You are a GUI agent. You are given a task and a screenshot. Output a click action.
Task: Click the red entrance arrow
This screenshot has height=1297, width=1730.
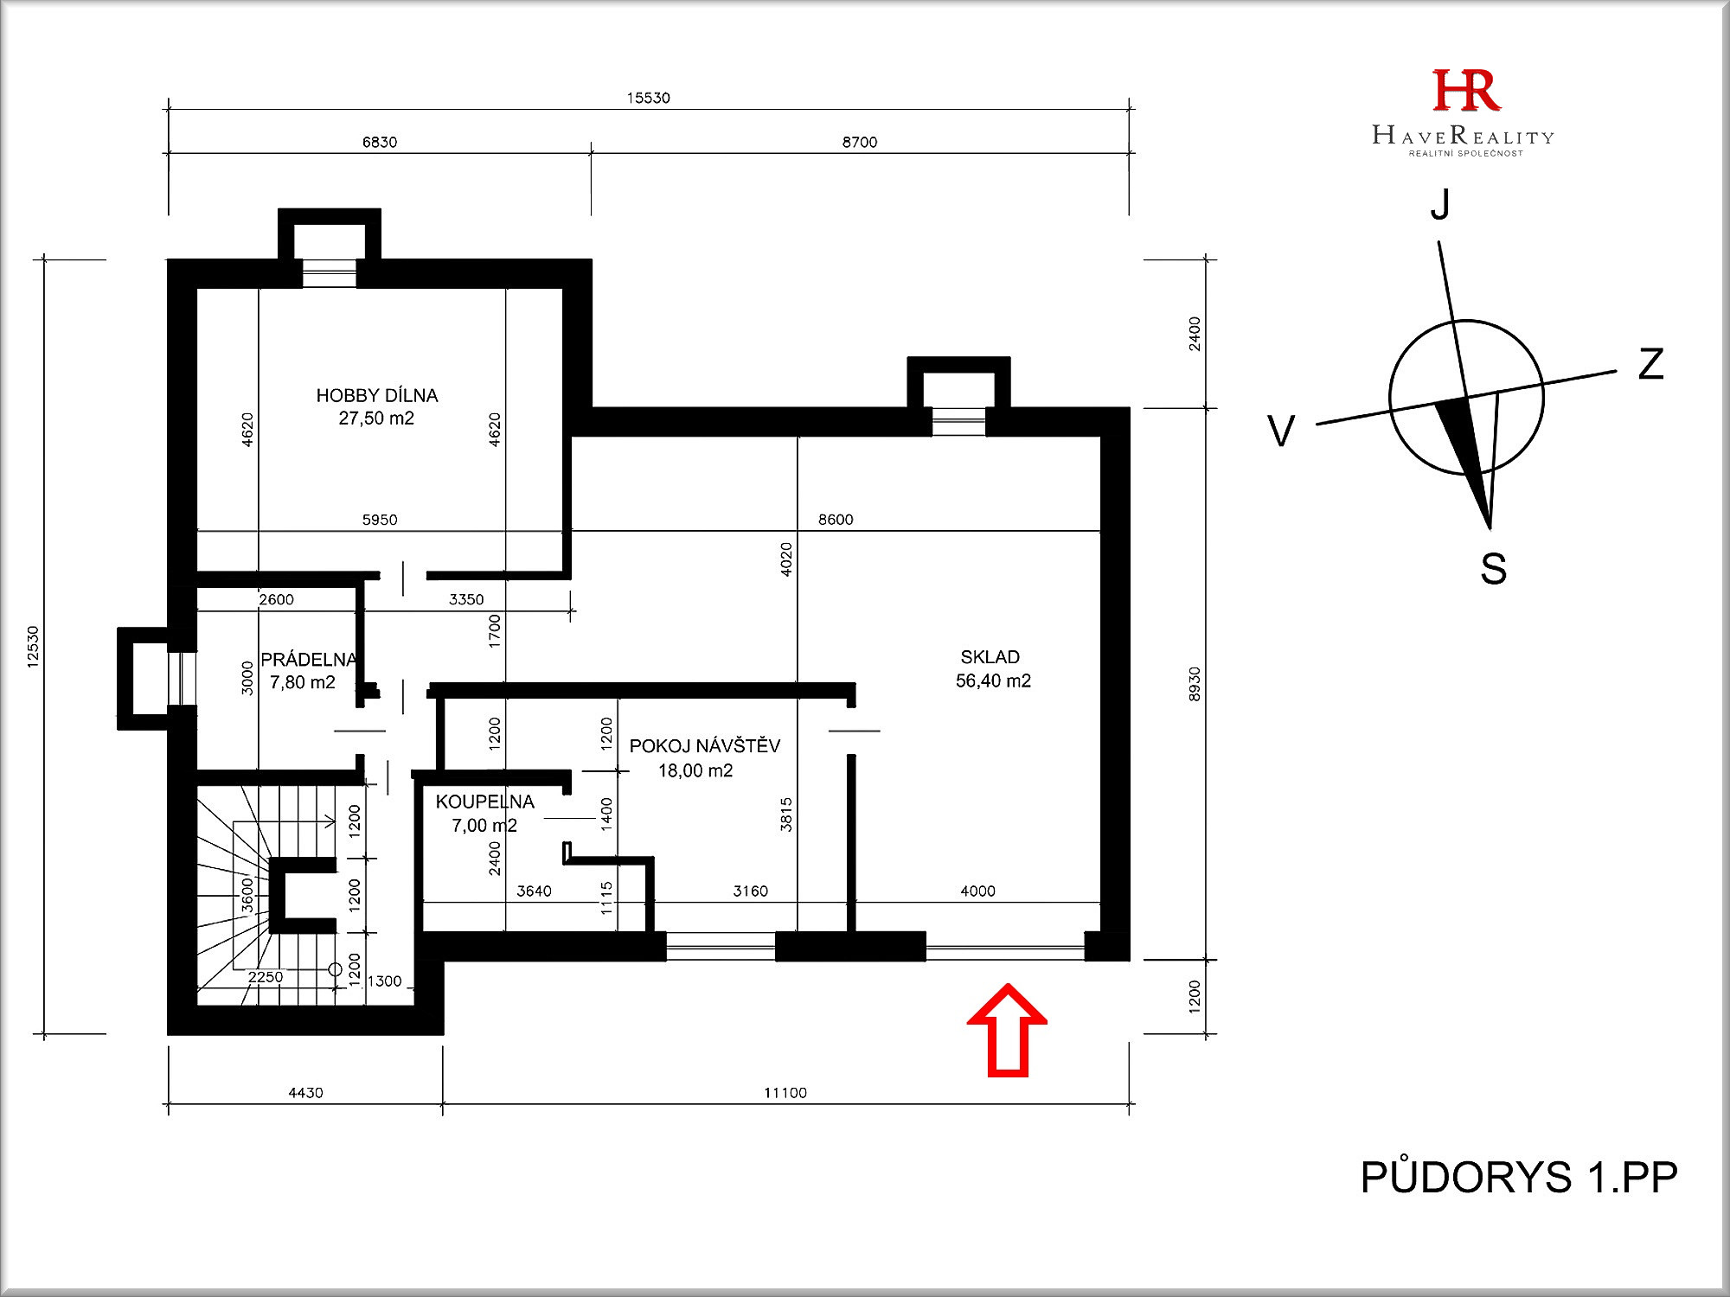tap(1008, 1031)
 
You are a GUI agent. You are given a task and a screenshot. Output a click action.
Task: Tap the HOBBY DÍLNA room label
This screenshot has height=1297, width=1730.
tap(377, 396)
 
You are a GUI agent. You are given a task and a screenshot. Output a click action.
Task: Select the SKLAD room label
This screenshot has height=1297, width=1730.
tap(990, 657)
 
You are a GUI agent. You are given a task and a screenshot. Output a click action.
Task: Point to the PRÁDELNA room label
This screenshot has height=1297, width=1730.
tap(309, 660)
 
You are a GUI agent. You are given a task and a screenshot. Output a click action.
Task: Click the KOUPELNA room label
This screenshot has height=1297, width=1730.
tap(485, 802)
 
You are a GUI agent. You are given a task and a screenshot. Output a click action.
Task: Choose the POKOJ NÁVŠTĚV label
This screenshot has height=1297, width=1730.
tap(705, 745)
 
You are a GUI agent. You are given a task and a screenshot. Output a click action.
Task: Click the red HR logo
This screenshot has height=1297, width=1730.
tap(1466, 91)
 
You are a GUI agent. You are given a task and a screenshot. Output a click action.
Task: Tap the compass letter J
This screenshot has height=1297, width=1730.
tap(1440, 205)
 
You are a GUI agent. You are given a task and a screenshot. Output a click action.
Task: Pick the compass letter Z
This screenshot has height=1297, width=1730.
tap(1651, 364)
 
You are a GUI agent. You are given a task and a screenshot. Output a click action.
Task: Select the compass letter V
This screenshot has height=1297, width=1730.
tap(1281, 431)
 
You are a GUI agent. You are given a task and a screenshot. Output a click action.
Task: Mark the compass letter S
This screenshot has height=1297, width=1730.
tap(1493, 569)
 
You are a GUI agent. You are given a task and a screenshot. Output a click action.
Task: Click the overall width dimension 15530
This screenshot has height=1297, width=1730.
tap(649, 98)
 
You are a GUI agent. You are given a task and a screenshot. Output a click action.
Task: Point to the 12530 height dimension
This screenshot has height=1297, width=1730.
tap(33, 647)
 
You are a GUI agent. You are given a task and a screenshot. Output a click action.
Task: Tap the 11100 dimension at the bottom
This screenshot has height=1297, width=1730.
tap(785, 1093)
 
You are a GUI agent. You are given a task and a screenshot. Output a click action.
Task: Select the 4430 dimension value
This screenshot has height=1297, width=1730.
tap(305, 1093)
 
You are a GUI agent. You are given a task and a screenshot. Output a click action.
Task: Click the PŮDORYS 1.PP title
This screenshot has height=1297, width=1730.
tap(1519, 1178)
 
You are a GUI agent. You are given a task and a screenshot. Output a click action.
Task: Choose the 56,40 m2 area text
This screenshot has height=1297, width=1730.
tap(993, 681)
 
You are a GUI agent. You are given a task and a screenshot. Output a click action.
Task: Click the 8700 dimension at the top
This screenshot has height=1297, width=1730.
tap(860, 142)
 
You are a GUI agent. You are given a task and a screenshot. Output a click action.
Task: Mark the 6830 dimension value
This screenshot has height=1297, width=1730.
tap(380, 142)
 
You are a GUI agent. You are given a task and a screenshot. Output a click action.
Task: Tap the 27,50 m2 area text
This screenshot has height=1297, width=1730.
tap(376, 418)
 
